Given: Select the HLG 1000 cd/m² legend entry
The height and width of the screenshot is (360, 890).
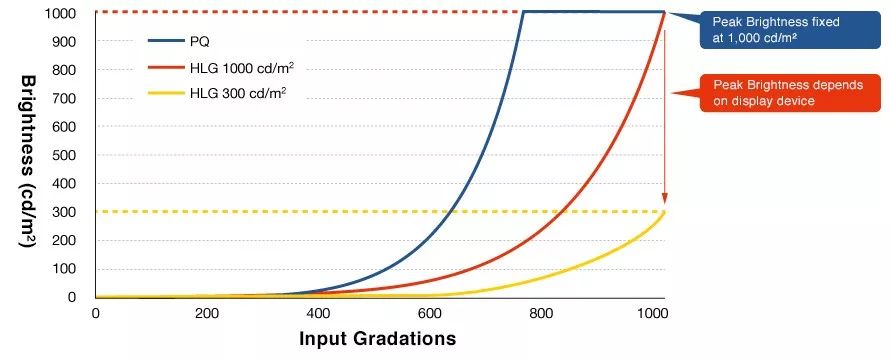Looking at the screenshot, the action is (x=220, y=68).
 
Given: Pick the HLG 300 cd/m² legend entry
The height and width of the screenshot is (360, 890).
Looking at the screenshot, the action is (x=217, y=93).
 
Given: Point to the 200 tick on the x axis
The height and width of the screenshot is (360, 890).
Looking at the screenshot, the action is (x=207, y=312).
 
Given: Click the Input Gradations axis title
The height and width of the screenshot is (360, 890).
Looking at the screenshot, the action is (x=377, y=338).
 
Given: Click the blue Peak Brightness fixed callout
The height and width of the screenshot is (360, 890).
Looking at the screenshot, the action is (x=791, y=30).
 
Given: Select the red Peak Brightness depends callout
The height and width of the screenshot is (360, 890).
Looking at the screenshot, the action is (x=791, y=93).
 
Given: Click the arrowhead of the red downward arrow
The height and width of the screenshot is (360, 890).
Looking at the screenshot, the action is (x=665, y=199).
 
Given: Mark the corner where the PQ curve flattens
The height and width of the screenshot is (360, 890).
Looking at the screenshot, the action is (x=523, y=11).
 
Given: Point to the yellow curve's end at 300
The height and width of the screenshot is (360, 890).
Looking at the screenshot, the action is (x=664, y=212).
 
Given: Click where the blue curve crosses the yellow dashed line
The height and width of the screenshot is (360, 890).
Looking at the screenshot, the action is (x=450, y=212).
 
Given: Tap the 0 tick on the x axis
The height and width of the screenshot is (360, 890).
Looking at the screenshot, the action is (x=95, y=312).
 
